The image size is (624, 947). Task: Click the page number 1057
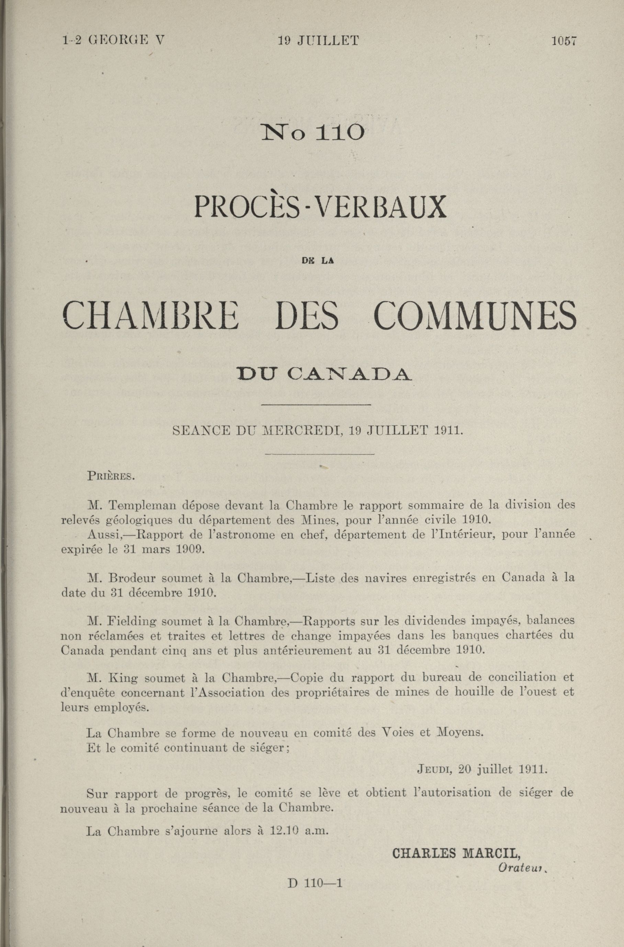pyautogui.click(x=564, y=41)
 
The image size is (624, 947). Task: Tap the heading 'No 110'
pyautogui.click(x=312, y=133)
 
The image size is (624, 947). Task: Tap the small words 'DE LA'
pyautogui.click(x=318, y=261)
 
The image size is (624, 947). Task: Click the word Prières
pyautogui.click(x=111, y=476)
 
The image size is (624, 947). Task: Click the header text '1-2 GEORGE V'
pyautogui.click(x=113, y=41)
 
